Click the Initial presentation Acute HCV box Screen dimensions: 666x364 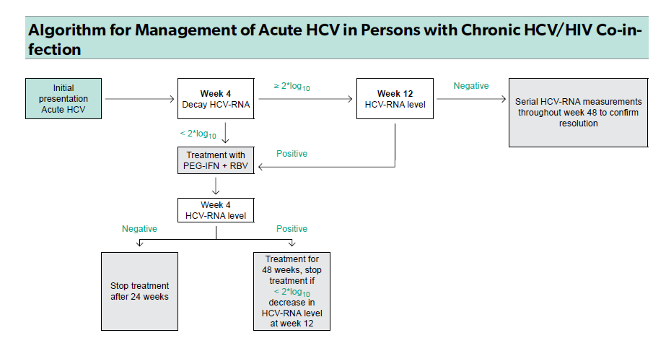pos(63,99)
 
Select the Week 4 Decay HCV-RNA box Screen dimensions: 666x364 pos(216,99)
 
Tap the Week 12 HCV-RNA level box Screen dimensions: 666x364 pos(395,99)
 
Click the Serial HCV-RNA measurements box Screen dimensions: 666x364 pos(579,113)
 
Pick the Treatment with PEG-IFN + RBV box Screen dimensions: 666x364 pos(216,160)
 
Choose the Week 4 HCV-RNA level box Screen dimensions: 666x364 pos(216,210)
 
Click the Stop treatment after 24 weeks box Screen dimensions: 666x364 pos(139,291)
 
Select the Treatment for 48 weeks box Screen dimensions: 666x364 pos(292,291)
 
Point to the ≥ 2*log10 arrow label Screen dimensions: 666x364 pos(292,87)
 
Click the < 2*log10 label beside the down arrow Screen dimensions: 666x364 pos(198,134)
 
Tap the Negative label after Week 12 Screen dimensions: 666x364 pos(471,86)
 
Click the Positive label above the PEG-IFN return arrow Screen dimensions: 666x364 pos(292,154)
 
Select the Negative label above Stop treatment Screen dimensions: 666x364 pos(139,229)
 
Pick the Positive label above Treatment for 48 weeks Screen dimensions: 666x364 pos(292,229)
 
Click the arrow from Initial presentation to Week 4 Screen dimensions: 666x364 pos(140,99)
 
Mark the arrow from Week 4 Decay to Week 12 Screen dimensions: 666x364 pos(305,99)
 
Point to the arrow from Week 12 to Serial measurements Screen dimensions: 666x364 pos(471,99)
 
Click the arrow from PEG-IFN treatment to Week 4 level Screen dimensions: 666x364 pos(216,186)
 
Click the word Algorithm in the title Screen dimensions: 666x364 pos(67,30)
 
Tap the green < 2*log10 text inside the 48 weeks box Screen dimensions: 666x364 pos(292,292)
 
